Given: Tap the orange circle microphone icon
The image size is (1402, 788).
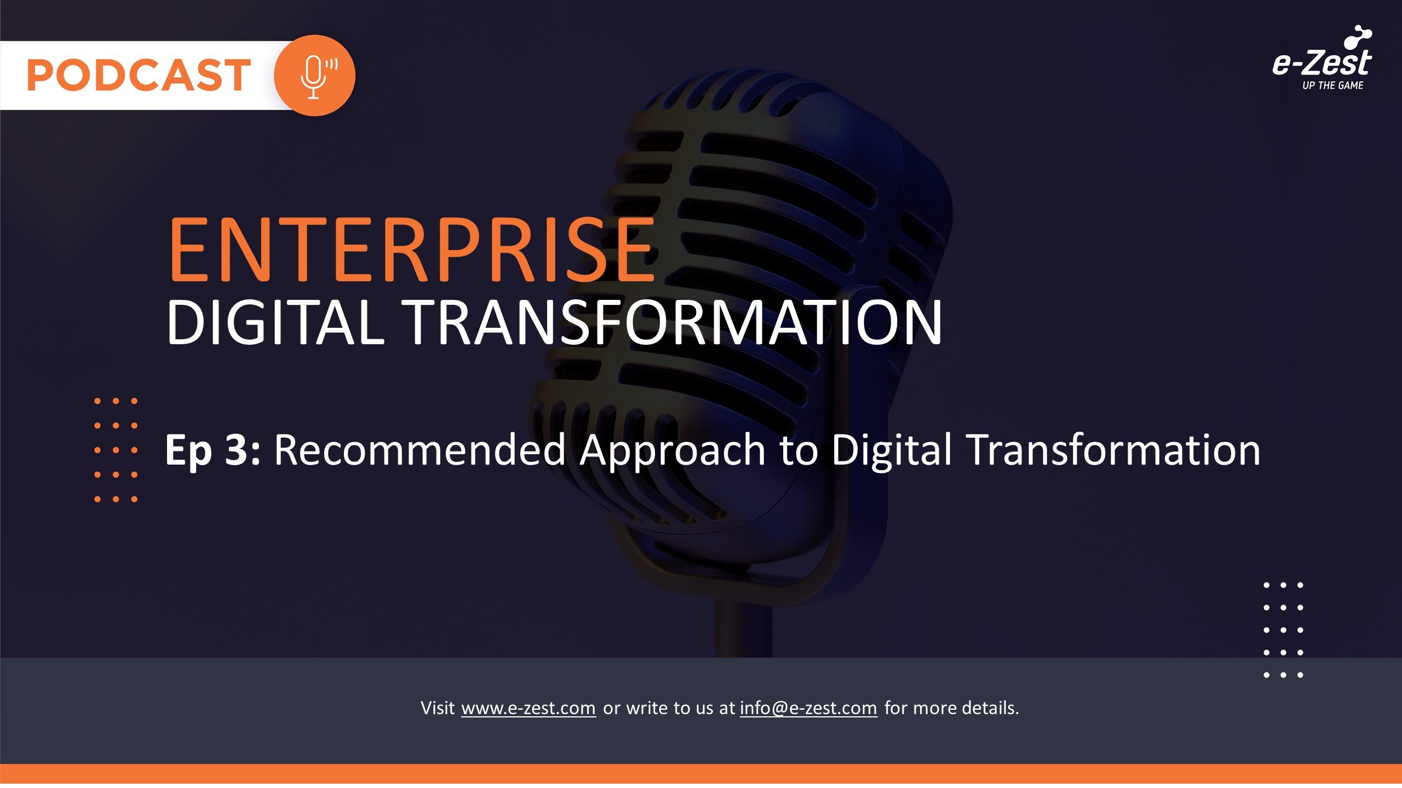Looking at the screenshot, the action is (314, 76).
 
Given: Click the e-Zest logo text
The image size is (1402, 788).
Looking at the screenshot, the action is (1322, 62).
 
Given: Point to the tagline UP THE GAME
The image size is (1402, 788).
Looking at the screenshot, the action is (1332, 85).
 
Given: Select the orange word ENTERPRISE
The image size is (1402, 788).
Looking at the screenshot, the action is (412, 250).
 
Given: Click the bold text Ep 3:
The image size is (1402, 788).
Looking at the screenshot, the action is (213, 450).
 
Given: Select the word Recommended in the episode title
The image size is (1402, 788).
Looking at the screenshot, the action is (420, 450).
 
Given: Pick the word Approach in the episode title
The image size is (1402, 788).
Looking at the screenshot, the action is (673, 452).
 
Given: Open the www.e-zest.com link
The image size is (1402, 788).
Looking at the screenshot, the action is (528, 708).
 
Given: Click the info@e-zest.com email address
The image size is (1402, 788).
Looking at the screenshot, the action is (808, 708).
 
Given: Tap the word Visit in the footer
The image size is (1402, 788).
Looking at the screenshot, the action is (438, 708).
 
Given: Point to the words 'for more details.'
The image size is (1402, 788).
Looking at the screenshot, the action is (952, 708).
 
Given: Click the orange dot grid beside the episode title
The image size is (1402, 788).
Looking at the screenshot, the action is (116, 450).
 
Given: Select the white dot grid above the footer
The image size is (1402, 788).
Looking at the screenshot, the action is (1283, 630).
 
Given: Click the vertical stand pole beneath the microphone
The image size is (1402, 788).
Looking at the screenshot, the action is (743, 629).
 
